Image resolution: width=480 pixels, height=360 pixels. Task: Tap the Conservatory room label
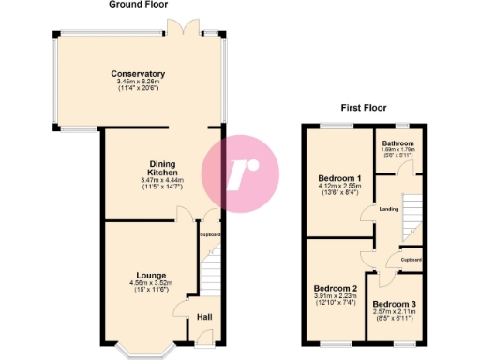(138, 74)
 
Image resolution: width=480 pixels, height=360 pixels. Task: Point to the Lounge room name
(138, 276)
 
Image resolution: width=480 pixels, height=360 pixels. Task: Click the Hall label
(203, 317)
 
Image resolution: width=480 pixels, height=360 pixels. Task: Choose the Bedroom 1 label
(338, 178)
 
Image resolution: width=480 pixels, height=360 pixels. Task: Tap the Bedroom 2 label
(335, 288)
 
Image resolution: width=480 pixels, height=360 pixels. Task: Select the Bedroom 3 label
(394, 304)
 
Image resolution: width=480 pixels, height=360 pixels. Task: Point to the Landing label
(389, 208)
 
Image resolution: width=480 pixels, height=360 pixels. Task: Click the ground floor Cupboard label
(210, 234)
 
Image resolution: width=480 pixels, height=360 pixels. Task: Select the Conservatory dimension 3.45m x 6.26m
(138, 82)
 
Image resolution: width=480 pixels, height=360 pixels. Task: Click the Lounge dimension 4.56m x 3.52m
(138, 284)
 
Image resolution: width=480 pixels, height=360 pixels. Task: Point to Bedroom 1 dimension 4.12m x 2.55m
(338, 187)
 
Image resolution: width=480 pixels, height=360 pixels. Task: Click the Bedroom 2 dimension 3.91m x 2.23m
(335, 296)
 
